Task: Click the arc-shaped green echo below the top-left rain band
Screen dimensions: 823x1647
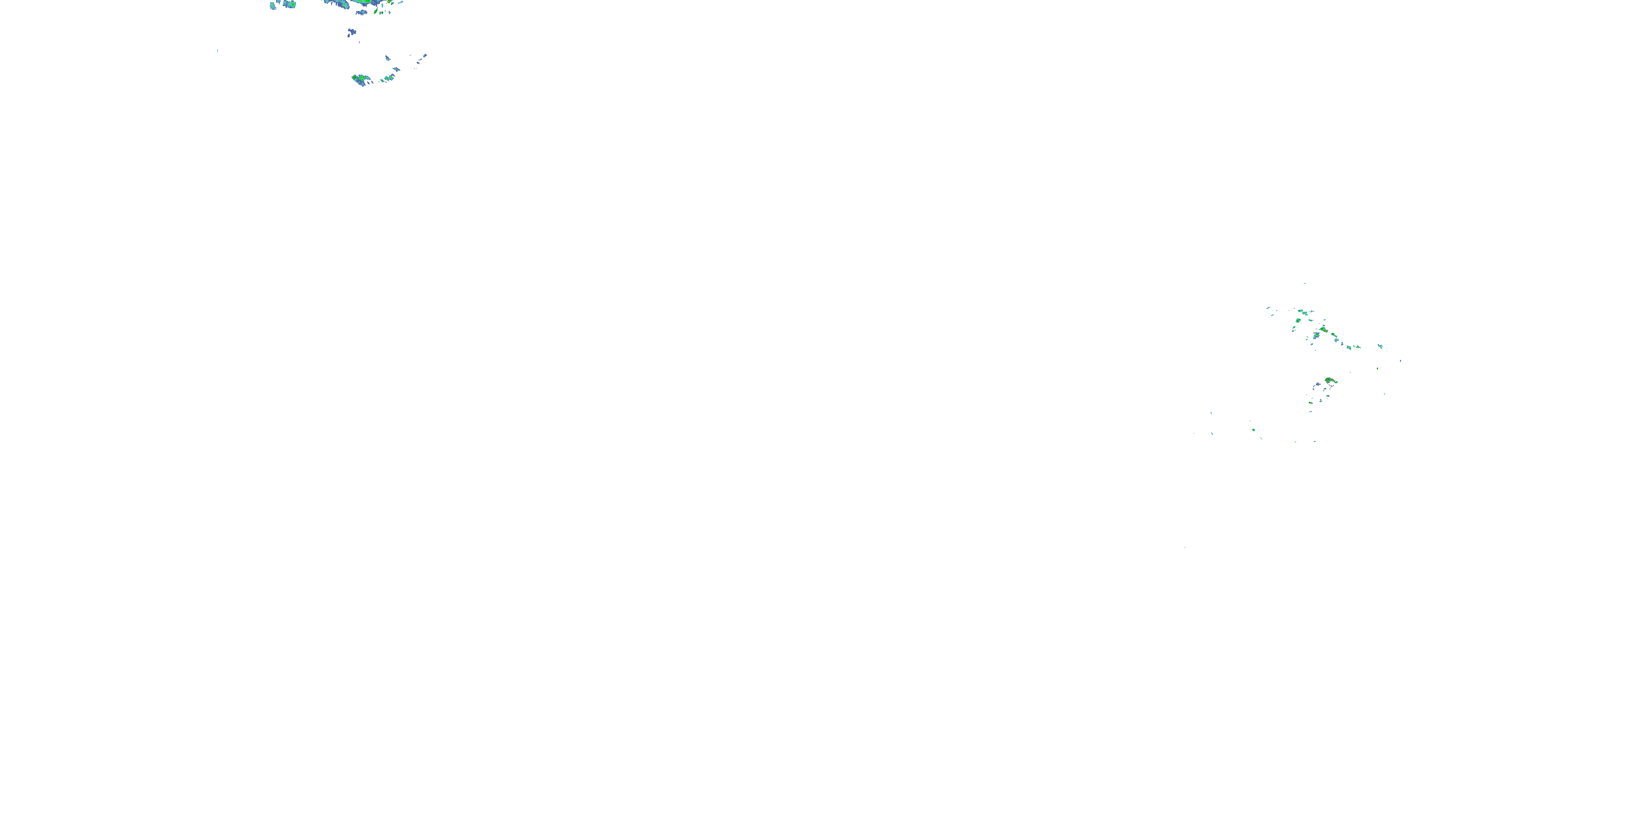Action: click(x=361, y=80)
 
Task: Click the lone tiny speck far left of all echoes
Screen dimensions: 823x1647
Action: click(x=217, y=50)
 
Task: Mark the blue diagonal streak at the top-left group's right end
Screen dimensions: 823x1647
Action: click(x=422, y=58)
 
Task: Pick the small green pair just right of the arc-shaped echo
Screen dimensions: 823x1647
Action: click(x=388, y=78)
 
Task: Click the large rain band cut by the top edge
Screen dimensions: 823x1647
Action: click(x=358, y=3)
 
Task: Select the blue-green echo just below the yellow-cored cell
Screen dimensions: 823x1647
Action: click(x=1317, y=335)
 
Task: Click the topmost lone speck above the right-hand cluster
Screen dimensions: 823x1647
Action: click(x=1304, y=284)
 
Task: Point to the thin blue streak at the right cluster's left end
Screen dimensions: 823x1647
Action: click(x=1269, y=308)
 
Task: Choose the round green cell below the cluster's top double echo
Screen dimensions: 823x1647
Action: click(x=1298, y=320)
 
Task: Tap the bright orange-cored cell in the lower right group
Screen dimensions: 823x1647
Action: click(x=1329, y=381)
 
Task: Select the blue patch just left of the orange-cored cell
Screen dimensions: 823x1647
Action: click(x=1318, y=385)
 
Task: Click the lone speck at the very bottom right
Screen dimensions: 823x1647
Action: click(x=1185, y=548)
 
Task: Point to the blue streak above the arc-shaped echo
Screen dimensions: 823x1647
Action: click(x=388, y=58)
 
